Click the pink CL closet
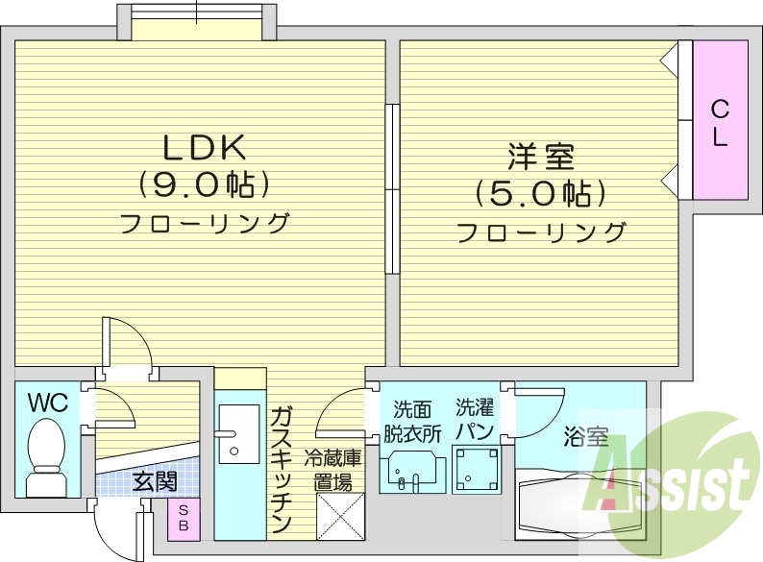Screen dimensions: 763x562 pos(720,122)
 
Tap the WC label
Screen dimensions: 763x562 pos(46,403)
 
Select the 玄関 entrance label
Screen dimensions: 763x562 pos(153,478)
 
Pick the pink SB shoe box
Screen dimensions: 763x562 pos(184,519)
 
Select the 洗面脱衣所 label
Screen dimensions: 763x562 pos(410,419)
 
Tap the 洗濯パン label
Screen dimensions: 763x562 pos(475,419)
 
